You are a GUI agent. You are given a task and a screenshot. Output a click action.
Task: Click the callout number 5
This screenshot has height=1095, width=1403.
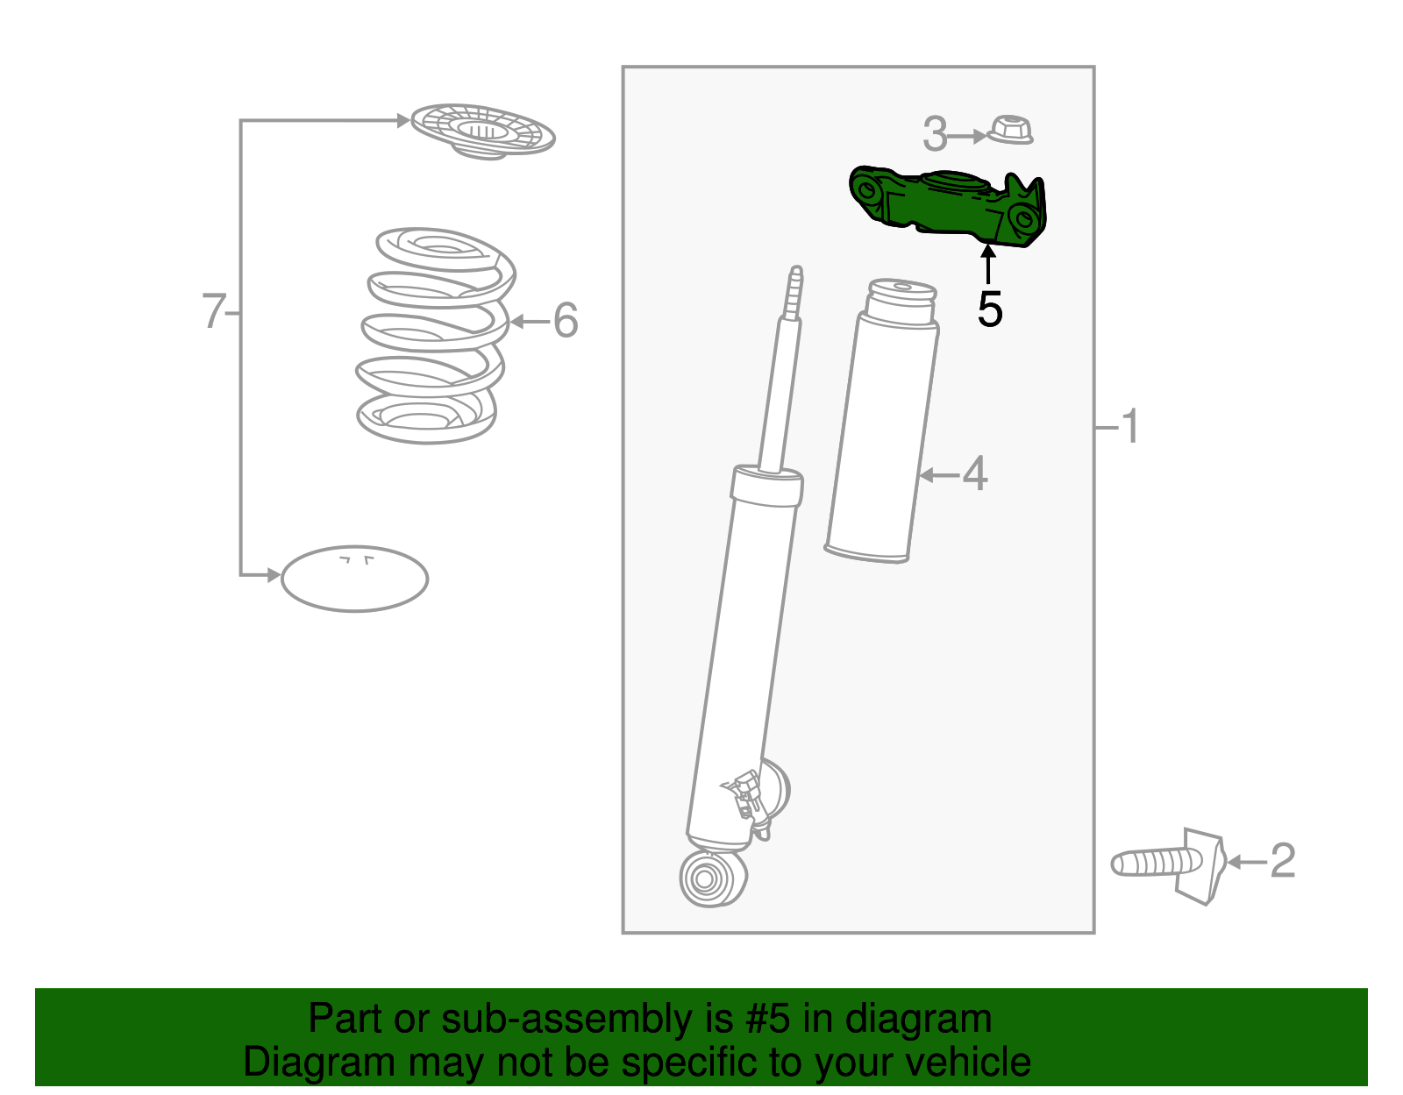click(x=990, y=309)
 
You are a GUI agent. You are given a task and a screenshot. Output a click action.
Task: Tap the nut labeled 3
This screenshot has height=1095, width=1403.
click(x=1010, y=131)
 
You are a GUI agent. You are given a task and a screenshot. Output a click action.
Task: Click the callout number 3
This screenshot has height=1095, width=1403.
click(x=935, y=134)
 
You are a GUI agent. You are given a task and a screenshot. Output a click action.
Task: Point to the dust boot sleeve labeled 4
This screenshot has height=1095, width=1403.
click(x=880, y=430)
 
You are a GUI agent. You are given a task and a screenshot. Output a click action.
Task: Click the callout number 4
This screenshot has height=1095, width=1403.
click(x=975, y=474)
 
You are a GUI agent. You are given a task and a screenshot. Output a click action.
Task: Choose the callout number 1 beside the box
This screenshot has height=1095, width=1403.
click(x=1130, y=426)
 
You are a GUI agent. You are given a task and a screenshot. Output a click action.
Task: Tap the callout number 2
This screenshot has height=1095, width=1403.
click(x=1282, y=861)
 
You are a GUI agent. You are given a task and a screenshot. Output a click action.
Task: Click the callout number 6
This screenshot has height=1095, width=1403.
click(x=566, y=320)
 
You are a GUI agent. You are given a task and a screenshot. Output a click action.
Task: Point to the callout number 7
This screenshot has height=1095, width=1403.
click(x=213, y=311)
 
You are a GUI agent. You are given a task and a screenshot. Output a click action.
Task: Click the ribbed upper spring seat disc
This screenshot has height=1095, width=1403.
click(x=483, y=132)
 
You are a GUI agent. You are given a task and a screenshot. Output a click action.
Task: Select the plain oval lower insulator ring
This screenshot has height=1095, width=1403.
click(x=354, y=579)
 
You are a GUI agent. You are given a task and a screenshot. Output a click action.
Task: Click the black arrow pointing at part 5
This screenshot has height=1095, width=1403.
click(x=988, y=264)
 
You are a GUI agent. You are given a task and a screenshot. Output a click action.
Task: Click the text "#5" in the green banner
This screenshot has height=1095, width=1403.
click(x=767, y=1020)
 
